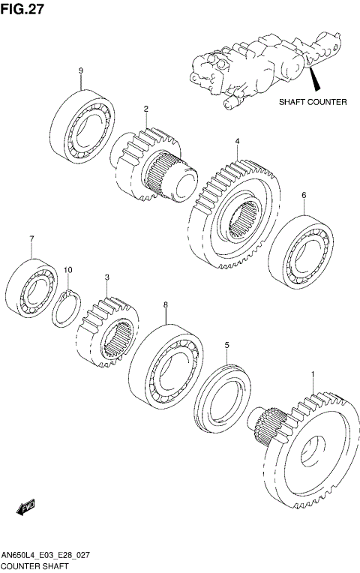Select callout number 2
pos(146,108)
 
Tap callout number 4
pos(237,141)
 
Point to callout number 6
pos(304,195)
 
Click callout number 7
pos(31,239)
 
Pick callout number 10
pos(67,269)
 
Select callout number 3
pos(107,277)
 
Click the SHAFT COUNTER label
pos(313,102)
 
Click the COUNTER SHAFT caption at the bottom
pos(35,565)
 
